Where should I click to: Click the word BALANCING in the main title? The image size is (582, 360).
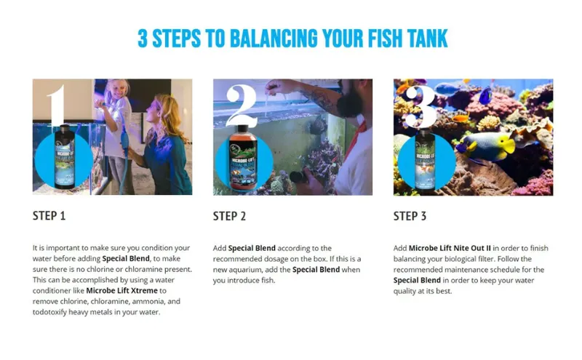(x=274, y=39)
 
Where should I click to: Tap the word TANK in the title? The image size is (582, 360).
(x=427, y=39)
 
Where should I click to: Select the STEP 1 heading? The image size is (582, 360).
(x=49, y=215)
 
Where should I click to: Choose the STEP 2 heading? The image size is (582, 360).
(x=229, y=216)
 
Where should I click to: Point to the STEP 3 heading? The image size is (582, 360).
(x=410, y=216)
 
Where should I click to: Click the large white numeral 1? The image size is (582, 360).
(x=57, y=105)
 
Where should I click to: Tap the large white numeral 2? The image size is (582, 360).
(x=242, y=105)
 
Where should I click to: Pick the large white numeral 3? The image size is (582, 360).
(x=420, y=106)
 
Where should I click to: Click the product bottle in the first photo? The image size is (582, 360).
(x=64, y=157)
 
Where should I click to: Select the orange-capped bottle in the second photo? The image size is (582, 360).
(x=243, y=158)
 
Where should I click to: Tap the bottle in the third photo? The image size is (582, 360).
(x=425, y=159)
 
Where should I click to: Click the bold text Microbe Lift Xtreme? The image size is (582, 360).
(x=121, y=291)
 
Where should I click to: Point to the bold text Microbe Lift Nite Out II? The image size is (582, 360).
(x=450, y=248)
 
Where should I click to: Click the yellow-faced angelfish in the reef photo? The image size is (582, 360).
(x=486, y=145)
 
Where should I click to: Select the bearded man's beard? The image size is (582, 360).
(x=351, y=101)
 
